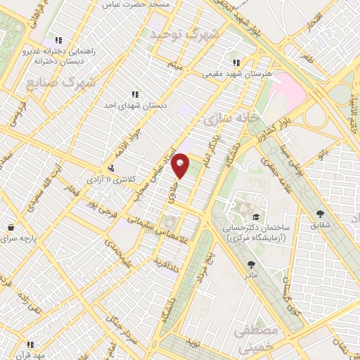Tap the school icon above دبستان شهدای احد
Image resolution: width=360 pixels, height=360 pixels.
coord(134,94)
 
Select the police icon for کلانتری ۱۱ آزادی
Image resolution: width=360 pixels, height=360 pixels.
coord(111,168)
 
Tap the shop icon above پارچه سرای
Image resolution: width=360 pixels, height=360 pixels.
coord(11,228)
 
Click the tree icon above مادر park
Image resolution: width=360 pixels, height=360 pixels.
coord(251,264)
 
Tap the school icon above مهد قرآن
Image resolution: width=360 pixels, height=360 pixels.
coord(30,345)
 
